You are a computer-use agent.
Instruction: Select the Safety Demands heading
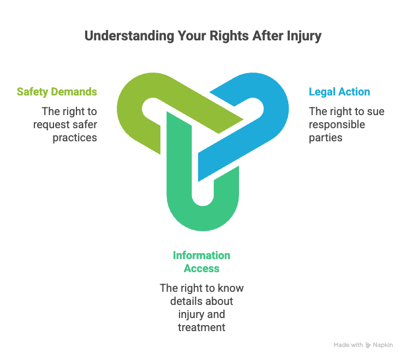click(x=57, y=92)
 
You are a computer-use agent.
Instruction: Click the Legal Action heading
click(x=339, y=92)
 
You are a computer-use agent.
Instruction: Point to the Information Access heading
click(x=201, y=262)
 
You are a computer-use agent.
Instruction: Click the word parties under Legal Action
click(x=326, y=137)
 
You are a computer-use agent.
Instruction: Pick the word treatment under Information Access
click(x=201, y=327)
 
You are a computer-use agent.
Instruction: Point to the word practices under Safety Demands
click(x=75, y=137)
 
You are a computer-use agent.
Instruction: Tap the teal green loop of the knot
click(x=202, y=213)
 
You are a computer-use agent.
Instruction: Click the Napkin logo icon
click(x=368, y=345)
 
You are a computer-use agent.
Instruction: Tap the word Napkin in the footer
click(x=383, y=345)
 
